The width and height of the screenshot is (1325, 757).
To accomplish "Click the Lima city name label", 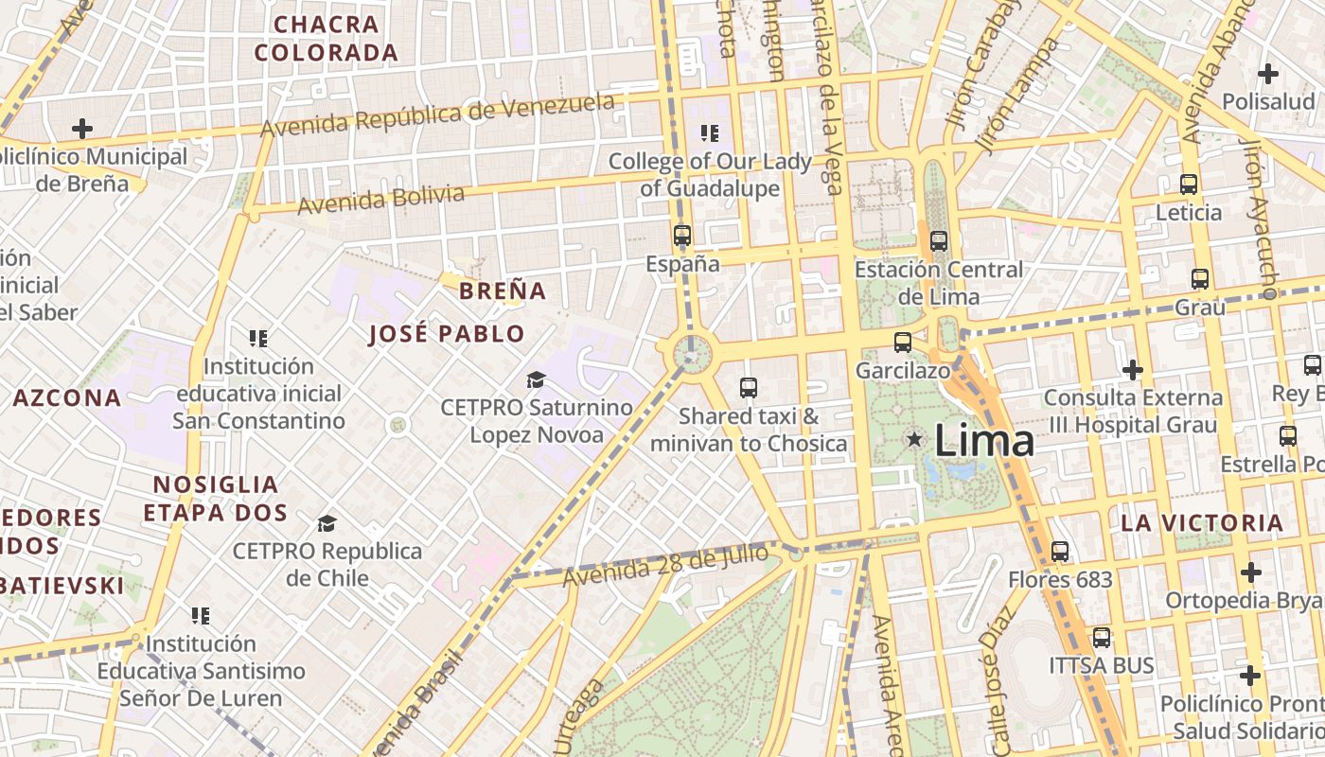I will pyautogui.click(x=984, y=441).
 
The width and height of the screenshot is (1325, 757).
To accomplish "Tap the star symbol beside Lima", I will pyautogui.click(x=914, y=439).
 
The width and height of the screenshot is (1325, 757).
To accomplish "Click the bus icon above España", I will pyautogui.click(x=682, y=236).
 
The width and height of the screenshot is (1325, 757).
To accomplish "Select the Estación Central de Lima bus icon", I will pyautogui.click(x=939, y=241).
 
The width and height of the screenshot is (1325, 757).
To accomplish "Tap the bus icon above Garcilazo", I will pyautogui.click(x=903, y=343).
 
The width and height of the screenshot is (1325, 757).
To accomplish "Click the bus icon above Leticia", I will pyautogui.click(x=1189, y=185).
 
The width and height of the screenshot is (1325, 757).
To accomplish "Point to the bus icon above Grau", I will pyautogui.click(x=1200, y=279).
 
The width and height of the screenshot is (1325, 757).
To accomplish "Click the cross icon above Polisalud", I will pyautogui.click(x=1268, y=73).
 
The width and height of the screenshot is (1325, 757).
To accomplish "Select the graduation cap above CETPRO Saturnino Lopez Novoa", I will pyautogui.click(x=537, y=380).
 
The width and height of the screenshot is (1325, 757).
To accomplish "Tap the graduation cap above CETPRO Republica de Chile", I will pyautogui.click(x=327, y=523).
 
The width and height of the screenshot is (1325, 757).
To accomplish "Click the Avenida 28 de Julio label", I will pyautogui.click(x=665, y=565).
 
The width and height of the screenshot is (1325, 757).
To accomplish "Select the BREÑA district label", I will pyautogui.click(x=503, y=290).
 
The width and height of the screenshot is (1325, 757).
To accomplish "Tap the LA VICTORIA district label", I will pyautogui.click(x=1202, y=522).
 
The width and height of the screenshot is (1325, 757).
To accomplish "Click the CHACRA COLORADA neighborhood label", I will pyautogui.click(x=327, y=38).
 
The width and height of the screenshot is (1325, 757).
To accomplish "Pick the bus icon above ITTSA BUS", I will pyautogui.click(x=1102, y=638).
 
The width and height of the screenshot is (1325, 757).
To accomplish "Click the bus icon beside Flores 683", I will pyautogui.click(x=1060, y=552).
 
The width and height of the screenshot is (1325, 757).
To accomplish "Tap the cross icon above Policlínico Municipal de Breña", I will pyautogui.click(x=82, y=128).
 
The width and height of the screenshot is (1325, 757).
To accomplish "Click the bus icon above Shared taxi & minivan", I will pyautogui.click(x=749, y=387).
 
